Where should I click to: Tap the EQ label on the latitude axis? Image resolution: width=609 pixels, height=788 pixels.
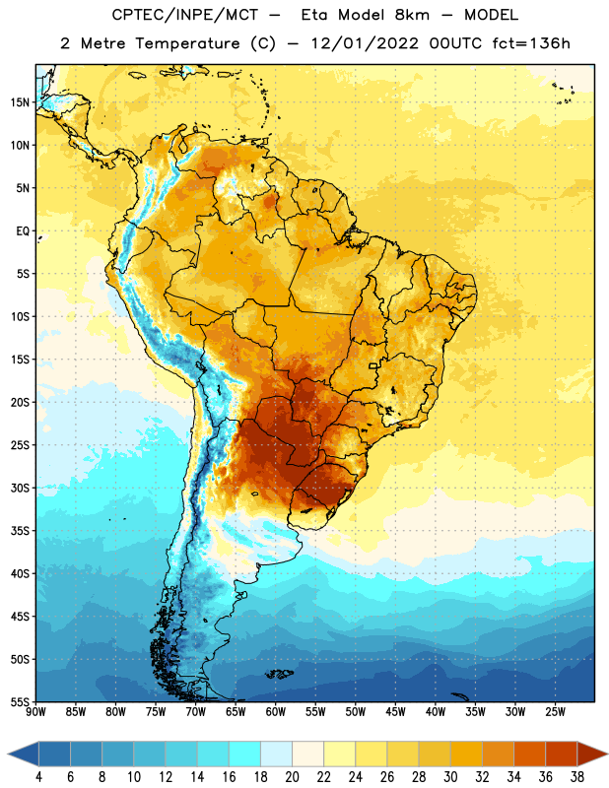click(23, 231)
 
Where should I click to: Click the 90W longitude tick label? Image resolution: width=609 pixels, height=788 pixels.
click(35, 712)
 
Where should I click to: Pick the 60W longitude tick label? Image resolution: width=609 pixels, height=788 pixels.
click(276, 712)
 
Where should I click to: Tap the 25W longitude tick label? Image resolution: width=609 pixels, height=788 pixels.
click(556, 712)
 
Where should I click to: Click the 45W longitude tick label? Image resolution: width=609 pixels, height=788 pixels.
click(396, 712)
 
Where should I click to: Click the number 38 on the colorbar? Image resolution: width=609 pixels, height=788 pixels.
click(577, 777)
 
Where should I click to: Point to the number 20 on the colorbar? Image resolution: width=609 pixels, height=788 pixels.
click(292, 777)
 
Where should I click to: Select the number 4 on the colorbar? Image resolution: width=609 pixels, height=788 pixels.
click(38, 777)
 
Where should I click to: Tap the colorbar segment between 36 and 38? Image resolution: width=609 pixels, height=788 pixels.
click(562, 755)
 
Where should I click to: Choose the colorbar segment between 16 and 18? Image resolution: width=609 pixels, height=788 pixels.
click(245, 755)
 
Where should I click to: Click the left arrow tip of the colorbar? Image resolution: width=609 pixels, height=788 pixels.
click(8, 755)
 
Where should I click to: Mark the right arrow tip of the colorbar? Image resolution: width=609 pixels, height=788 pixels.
click(607, 755)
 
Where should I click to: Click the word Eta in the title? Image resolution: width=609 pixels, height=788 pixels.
click(313, 15)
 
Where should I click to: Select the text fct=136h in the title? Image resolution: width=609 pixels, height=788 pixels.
click(531, 43)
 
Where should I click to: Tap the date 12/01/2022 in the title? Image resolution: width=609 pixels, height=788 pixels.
click(365, 43)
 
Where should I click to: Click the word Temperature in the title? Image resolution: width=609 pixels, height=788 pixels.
click(187, 44)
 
